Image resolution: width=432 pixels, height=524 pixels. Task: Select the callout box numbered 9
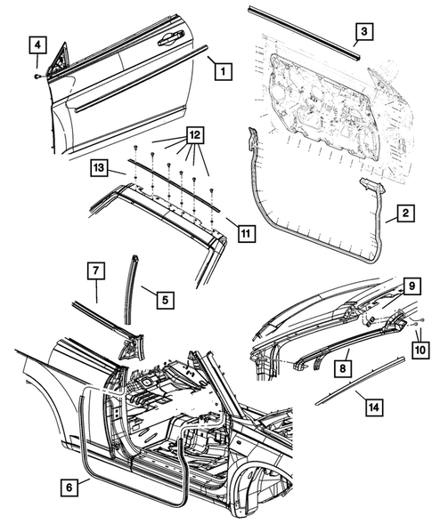click(412, 286)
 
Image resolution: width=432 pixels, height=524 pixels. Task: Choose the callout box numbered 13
click(100, 166)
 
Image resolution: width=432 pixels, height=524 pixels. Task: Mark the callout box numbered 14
click(376, 406)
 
